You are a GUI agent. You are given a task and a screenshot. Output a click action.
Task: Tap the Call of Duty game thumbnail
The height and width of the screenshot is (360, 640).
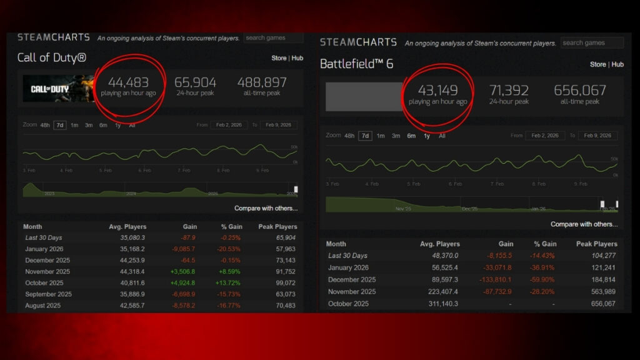(x=58, y=89)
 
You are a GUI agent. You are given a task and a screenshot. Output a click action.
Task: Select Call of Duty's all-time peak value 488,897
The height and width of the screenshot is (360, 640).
(x=262, y=82)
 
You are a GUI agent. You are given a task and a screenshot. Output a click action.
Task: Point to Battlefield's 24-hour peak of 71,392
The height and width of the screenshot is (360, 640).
(x=509, y=90)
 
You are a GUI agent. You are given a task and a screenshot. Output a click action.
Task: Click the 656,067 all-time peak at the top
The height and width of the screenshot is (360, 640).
(x=580, y=90)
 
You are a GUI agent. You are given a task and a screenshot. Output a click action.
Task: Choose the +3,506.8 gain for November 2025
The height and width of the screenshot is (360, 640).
(x=182, y=272)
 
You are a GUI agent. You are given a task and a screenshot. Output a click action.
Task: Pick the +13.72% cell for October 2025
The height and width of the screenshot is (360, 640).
(x=228, y=283)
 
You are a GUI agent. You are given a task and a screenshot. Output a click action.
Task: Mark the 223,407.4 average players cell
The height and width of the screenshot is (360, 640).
(x=441, y=292)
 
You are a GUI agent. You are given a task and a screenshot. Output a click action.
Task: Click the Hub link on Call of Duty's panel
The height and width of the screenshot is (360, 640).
(x=297, y=58)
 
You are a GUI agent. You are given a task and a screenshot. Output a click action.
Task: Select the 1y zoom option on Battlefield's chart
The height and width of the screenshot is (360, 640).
(x=427, y=136)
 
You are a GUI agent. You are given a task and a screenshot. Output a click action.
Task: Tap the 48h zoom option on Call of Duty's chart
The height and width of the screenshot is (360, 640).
(x=45, y=125)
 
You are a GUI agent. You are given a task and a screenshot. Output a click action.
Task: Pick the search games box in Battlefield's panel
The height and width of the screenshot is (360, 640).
(x=592, y=43)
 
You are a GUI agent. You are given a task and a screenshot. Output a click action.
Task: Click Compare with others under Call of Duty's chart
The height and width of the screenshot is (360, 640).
(x=266, y=208)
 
